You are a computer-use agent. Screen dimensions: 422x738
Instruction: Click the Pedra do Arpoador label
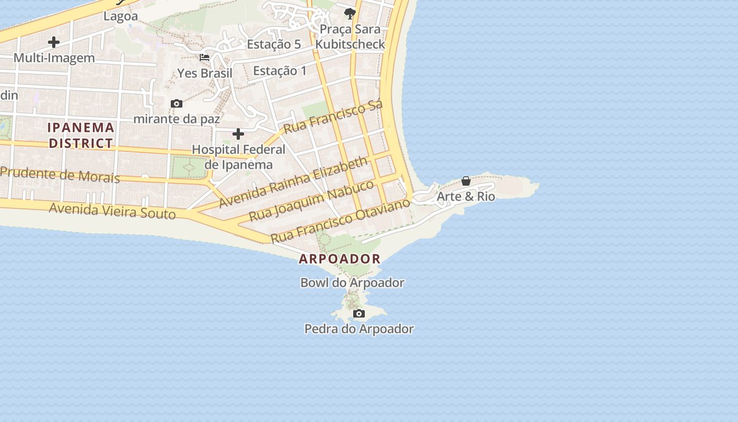[359, 329]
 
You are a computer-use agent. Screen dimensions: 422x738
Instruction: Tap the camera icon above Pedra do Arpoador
[359, 314]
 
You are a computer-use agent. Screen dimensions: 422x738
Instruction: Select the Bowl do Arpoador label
[352, 283]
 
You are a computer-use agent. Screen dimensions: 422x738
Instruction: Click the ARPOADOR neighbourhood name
[339, 259]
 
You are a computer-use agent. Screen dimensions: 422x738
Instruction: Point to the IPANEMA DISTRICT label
[81, 135]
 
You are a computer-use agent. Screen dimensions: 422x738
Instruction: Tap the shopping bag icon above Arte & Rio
[466, 181]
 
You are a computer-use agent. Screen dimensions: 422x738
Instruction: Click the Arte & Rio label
[466, 197]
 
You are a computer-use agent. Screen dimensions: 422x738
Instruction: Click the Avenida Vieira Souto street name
[112, 211]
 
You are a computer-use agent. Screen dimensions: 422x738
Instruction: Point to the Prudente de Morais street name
[60, 175]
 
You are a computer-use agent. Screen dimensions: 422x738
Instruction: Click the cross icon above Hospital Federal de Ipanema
[238, 134]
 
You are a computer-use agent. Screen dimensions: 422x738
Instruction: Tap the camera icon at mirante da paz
[177, 103]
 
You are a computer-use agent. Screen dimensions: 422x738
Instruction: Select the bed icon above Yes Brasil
[205, 57]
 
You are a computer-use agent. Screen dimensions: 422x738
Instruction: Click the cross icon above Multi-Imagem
[54, 42]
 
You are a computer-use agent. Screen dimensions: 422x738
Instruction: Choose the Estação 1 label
[279, 71]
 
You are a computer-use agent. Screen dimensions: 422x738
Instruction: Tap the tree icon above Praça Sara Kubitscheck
[349, 13]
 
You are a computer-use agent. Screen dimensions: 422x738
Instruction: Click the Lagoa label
[121, 16]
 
